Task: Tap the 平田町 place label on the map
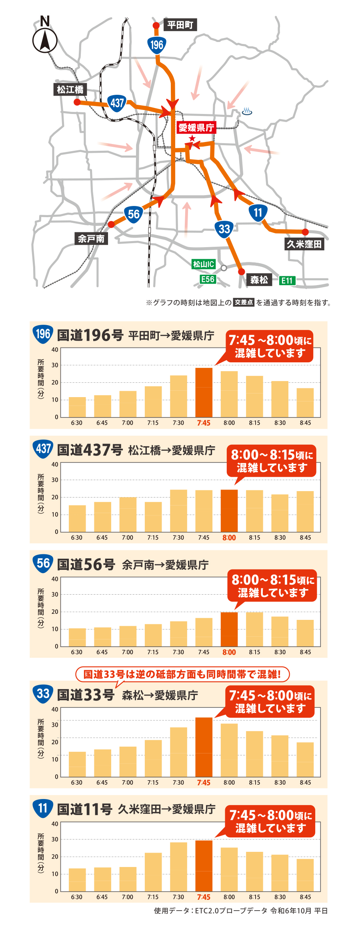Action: tap(180, 25)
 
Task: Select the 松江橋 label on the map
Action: tap(70, 90)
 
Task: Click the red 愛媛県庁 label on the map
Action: tap(196, 128)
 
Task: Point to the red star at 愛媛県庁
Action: tap(192, 138)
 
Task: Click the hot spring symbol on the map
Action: tap(247, 112)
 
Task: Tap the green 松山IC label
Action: tap(204, 264)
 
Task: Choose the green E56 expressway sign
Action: tap(208, 279)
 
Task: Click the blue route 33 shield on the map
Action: tap(224, 229)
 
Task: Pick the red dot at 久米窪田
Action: tap(305, 232)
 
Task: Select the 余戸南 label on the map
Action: tap(91, 239)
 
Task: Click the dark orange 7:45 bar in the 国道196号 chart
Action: tap(204, 392)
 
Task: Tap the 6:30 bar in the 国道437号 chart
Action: tap(77, 518)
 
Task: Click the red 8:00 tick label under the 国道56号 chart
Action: tap(229, 652)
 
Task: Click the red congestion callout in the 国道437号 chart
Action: tap(272, 461)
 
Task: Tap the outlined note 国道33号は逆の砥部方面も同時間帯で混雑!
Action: tap(182, 674)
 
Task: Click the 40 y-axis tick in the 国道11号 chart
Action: tap(55, 824)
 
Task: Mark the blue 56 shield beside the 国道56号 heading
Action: tap(43, 563)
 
